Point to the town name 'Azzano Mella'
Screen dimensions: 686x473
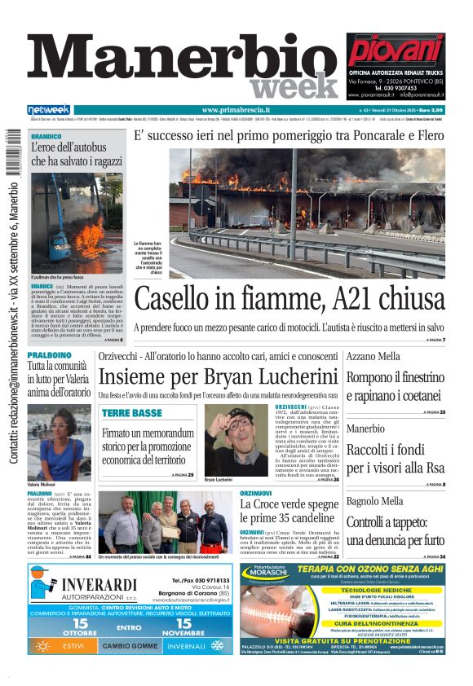click(374, 357)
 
